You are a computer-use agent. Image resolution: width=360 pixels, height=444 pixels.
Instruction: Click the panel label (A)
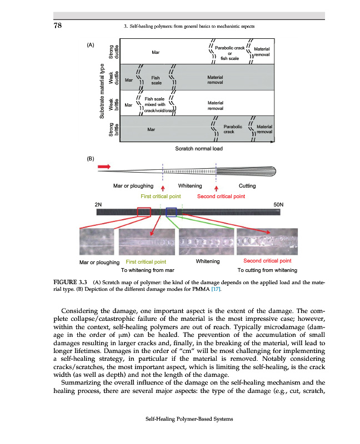[x=91, y=44]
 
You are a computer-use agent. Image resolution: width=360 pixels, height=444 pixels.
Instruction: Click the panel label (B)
[x=91, y=159]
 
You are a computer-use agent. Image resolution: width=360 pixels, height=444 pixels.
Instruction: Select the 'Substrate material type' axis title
[x=103, y=90]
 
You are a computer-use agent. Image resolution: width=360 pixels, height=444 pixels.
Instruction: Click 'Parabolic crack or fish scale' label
[x=229, y=52]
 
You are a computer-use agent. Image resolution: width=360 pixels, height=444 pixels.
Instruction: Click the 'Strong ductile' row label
[x=114, y=51]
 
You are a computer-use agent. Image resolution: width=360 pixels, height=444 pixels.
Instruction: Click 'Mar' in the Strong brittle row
[x=151, y=130]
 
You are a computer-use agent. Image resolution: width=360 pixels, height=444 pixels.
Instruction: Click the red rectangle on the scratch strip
[x=144, y=212]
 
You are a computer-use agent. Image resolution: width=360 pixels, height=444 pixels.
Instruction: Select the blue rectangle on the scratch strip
[x=171, y=212]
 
